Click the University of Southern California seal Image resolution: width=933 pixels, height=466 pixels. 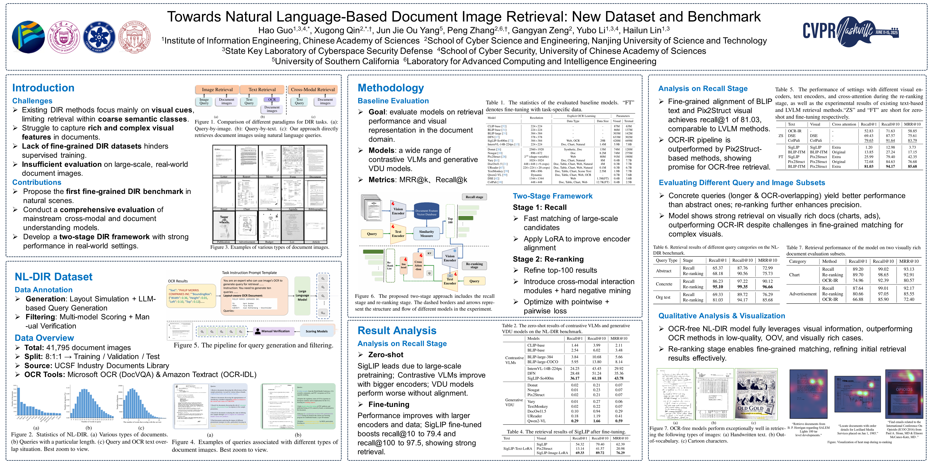(x=135, y=37)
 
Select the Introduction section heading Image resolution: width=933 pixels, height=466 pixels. (x=43, y=88)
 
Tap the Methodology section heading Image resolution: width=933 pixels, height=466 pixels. (x=390, y=88)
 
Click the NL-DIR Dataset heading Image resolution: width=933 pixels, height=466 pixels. (x=54, y=277)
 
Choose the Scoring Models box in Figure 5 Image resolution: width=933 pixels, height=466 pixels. (x=316, y=331)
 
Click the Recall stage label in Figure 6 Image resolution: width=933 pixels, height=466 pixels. (x=474, y=197)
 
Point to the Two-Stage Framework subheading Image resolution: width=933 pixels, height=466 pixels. (x=552, y=196)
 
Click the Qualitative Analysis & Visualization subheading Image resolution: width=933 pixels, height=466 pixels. (x=721, y=316)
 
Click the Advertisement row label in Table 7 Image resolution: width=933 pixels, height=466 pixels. (x=803, y=294)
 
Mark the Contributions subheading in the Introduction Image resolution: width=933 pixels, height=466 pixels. (x=37, y=182)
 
